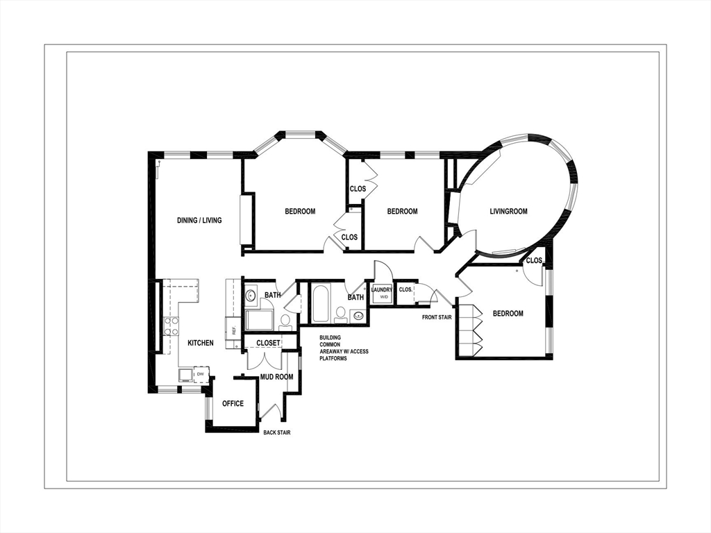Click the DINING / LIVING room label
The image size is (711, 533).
[199, 221]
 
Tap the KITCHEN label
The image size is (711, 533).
[201, 343]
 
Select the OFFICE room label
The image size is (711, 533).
[233, 403]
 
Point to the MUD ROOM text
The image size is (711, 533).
[277, 377]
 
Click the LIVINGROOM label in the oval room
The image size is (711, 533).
[508, 212]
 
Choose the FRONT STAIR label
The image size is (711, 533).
[437, 317]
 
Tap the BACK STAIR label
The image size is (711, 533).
[277, 432]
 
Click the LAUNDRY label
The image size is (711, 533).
[383, 290]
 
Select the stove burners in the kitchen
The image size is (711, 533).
[171, 325]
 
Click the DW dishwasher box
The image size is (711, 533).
[201, 375]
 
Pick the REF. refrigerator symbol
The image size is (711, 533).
[234, 330]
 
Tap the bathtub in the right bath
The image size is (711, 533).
[320, 304]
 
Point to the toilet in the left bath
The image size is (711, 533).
[285, 321]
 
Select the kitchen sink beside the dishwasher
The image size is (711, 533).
[185, 375]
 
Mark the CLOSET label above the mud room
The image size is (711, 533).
[269, 343]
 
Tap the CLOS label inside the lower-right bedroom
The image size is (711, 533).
[534, 261]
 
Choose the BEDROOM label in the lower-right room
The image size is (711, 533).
[508, 314]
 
